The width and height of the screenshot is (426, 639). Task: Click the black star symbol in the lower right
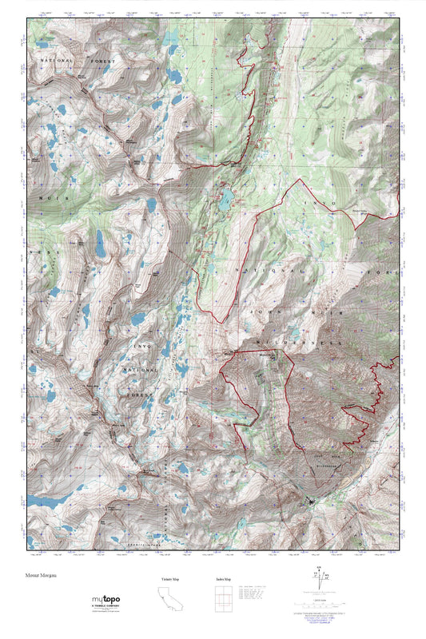click(311, 502)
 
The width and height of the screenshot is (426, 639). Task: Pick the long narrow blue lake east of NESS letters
click(100, 242)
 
